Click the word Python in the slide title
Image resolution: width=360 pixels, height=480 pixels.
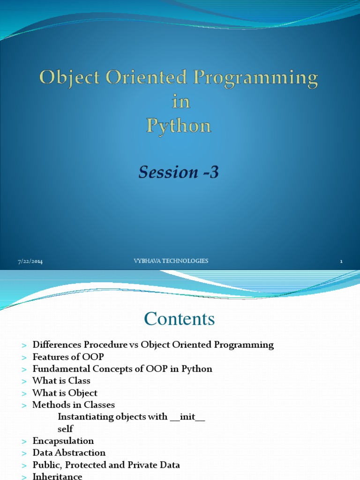tap(179, 126)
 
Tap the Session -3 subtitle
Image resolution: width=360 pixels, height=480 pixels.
tap(179, 172)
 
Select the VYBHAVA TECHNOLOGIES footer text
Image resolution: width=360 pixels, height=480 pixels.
tap(171, 261)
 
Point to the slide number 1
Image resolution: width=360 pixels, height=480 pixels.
tap(342, 262)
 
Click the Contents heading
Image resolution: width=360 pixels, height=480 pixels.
tap(180, 319)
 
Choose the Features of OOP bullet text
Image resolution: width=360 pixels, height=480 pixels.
tap(68, 357)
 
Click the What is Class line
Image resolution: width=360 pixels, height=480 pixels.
tap(61, 381)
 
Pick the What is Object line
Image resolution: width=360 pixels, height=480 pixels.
tap(65, 393)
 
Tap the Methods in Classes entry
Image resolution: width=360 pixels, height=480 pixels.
tap(73, 405)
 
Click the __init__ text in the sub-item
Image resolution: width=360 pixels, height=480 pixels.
tap(187, 417)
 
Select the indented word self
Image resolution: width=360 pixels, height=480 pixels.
tap(65, 428)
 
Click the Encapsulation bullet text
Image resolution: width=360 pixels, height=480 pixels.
tap(63, 441)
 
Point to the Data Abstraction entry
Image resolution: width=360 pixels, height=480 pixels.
tap(68, 453)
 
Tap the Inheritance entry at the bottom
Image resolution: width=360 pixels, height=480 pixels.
tap(57, 476)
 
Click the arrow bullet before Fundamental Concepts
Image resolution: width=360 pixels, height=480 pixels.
tap(24, 369)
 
